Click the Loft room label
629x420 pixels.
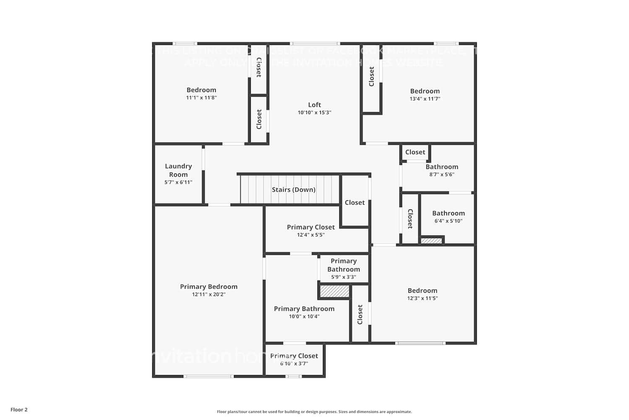[314, 105]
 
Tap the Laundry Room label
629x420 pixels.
[178, 170]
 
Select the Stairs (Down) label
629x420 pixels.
[294, 190]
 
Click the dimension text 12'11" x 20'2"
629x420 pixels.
[208, 294]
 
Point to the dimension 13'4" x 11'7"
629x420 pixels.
[425, 99]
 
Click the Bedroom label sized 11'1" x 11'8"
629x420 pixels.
[201, 90]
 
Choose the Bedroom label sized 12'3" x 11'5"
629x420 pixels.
[422, 291]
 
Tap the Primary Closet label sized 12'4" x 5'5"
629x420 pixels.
[311, 227]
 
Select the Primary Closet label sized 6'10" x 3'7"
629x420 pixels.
[294, 356]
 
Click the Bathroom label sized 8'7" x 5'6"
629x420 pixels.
[442, 167]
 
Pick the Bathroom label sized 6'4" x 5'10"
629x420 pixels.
[448, 213]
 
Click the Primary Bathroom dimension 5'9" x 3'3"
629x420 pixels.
[343, 277]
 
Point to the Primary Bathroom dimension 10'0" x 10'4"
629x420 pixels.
[304, 317]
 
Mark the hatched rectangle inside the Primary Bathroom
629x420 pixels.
[334, 291]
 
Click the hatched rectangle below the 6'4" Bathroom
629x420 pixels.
[431, 241]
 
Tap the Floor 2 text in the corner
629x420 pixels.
[19, 410]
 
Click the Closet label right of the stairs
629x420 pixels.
[355, 202]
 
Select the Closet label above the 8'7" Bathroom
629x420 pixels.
[415, 152]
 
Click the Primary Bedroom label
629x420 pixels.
[208, 287]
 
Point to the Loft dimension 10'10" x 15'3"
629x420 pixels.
[314, 113]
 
